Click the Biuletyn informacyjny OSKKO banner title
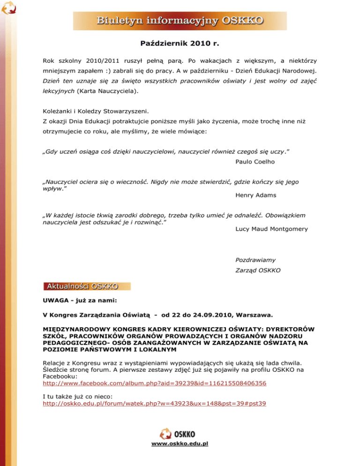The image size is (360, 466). pos(180,21)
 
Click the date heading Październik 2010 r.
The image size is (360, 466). pos(180,44)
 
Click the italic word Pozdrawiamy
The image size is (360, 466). pos(255,259)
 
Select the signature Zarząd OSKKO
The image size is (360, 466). pos(257,271)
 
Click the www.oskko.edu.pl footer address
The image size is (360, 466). pos(180,443)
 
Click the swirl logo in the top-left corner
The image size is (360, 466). pos(8,9)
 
